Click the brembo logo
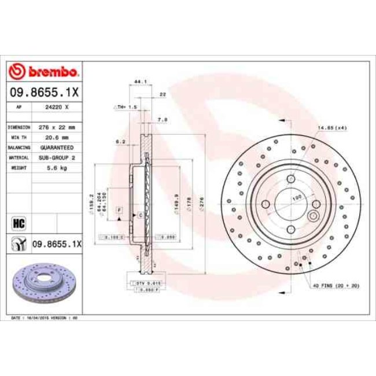point(44,72)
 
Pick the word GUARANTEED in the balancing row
point(57,147)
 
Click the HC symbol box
point(17,222)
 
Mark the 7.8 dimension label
point(163,120)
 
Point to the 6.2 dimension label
point(120,141)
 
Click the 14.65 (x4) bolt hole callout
point(332,127)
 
